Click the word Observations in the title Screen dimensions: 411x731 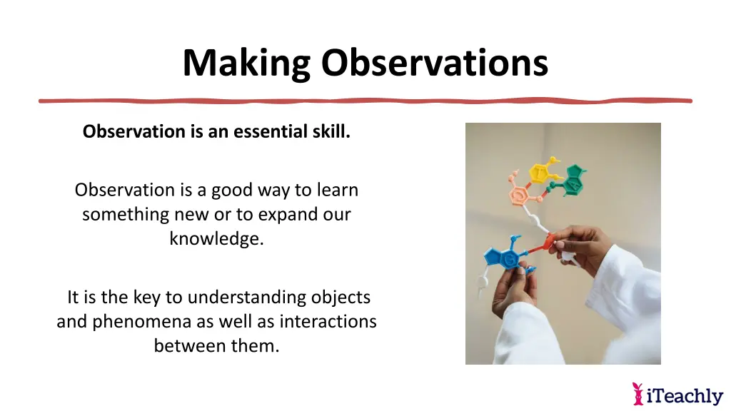point(434,63)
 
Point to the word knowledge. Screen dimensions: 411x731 point(216,238)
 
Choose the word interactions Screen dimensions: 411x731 point(328,322)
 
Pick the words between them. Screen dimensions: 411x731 point(216,347)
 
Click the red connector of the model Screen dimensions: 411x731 point(548,243)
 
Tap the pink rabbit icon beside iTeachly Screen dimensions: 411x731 point(638,393)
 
